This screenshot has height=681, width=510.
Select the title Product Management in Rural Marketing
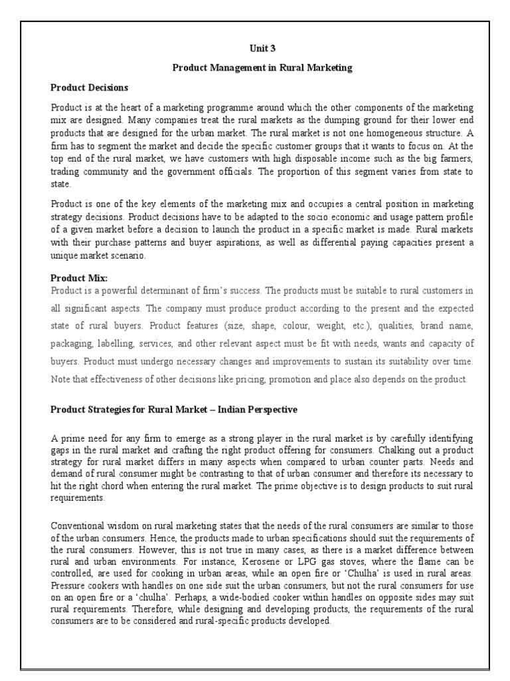261,67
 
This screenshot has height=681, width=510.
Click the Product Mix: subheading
79,278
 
